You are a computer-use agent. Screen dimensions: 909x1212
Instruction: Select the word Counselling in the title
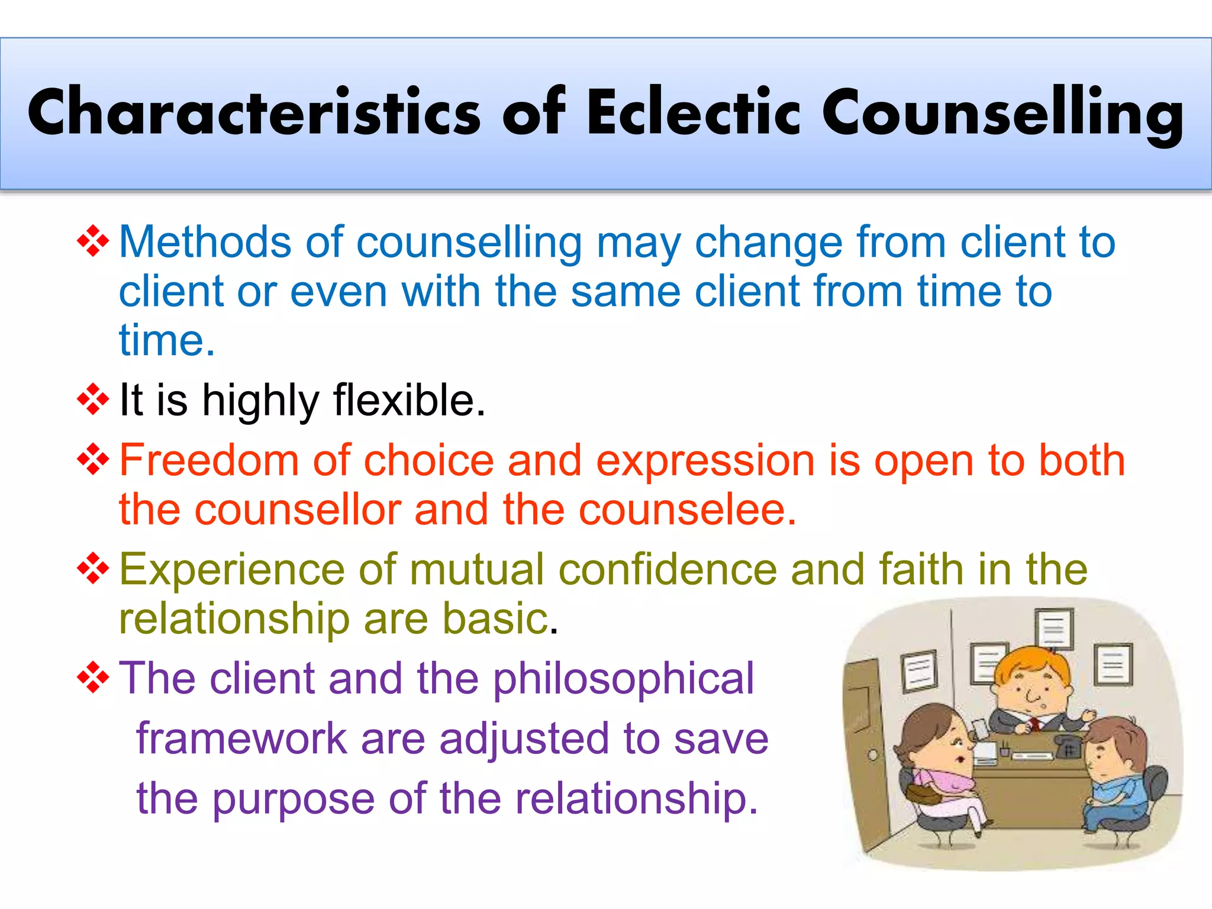1003,112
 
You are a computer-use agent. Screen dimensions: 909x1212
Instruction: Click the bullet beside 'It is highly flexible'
94,399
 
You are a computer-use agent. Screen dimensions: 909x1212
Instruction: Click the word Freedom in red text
209,460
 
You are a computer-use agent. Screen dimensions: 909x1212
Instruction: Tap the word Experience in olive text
231,569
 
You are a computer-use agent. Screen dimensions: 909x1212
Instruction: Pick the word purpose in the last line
293,799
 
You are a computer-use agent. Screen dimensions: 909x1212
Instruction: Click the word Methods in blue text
205,242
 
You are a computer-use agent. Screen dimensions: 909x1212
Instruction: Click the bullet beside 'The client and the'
94,677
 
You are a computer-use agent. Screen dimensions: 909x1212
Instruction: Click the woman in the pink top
941,769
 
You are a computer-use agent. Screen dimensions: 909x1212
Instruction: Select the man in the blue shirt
1113,781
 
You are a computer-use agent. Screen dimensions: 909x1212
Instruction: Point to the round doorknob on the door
873,755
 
